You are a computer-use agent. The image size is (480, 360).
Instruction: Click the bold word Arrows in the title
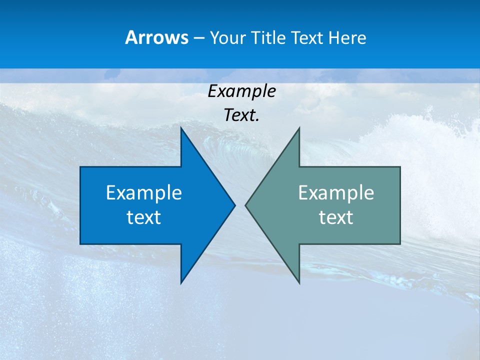tap(156, 37)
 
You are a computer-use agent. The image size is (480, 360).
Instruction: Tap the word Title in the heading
tap(268, 37)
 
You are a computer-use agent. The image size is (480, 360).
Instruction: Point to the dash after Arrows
tap(198, 38)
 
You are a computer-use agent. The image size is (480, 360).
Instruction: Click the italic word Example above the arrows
tap(241, 91)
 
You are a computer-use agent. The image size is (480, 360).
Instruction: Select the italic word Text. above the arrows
tap(241, 115)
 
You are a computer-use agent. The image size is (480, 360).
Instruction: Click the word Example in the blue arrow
tap(143, 193)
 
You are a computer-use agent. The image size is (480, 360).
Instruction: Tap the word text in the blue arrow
tap(143, 217)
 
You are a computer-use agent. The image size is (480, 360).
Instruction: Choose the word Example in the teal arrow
tap(336, 193)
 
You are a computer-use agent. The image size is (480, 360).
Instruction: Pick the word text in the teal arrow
tap(336, 217)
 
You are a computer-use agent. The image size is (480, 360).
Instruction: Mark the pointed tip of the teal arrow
tap(246, 205)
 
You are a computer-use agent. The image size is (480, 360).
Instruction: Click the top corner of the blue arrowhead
tap(181, 128)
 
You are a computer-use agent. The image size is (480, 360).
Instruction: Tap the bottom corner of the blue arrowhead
tap(181, 282)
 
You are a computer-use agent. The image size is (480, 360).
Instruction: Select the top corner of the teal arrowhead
tap(299, 128)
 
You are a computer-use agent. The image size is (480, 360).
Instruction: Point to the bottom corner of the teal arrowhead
tap(299, 282)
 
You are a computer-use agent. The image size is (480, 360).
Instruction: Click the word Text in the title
tap(307, 37)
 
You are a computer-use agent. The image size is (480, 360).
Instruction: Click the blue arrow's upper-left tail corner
tap(81, 167)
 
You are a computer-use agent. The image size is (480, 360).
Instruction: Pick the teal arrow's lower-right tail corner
tap(399, 243)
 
